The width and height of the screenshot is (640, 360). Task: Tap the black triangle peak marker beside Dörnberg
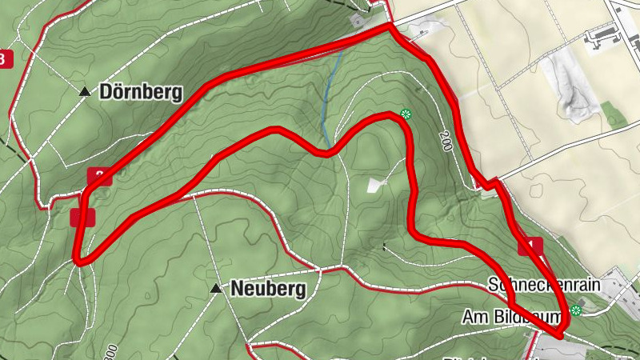pyautogui.click(x=85, y=92)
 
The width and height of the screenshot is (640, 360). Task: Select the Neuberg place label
pyautogui.click(x=268, y=290)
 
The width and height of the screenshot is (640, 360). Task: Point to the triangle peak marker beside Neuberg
pyautogui.click(x=215, y=288)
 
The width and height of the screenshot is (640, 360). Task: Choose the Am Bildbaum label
pyautogui.click(x=512, y=318)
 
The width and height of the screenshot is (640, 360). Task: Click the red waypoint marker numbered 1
pyautogui.click(x=530, y=246)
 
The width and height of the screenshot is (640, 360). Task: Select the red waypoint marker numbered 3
pyautogui.click(x=6, y=59)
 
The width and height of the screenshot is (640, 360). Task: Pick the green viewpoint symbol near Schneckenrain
pyautogui.click(x=575, y=310)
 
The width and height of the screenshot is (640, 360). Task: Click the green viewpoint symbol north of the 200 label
pyautogui.click(x=406, y=114)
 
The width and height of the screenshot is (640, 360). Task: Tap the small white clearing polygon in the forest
pyautogui.click(x=375, y=185)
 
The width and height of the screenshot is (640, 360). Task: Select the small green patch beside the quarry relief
pyautogui.click(x=614, y=114)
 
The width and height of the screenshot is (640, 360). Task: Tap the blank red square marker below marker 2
pyautogui.click(x=82, y=217)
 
